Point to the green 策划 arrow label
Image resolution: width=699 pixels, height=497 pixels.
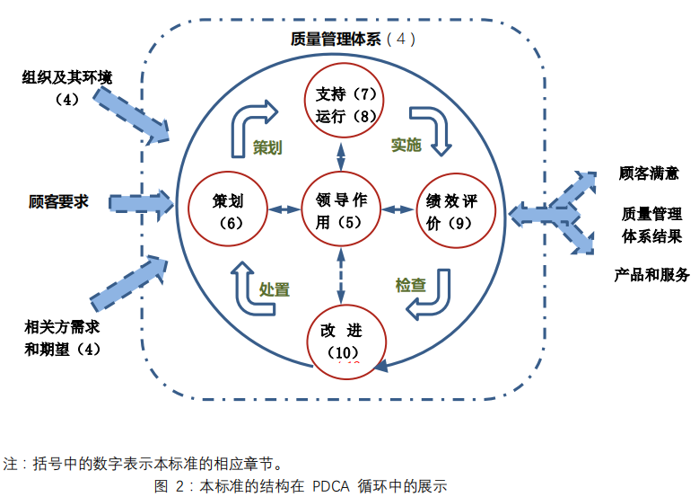point(266,147)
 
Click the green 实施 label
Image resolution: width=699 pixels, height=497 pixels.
point(406,145)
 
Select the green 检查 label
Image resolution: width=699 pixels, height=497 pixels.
point(411,285)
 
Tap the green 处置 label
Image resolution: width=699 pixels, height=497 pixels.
point(275,289)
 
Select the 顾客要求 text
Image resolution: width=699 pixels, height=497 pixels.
point(58,201)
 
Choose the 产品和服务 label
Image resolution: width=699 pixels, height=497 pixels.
point(651,275)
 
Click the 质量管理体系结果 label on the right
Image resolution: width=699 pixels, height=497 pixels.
point(651,226)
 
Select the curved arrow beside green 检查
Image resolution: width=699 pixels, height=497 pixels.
point(432,296)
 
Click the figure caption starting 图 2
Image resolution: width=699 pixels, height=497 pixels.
point(300,486)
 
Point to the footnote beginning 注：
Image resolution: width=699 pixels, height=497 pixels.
point(144,465)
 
